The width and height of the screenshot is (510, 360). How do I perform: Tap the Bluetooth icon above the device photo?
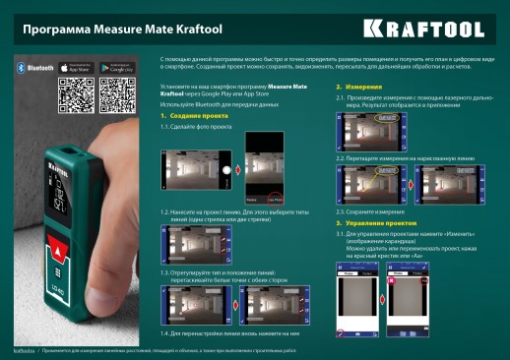coord(21,69)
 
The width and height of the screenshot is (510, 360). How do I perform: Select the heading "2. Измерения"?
coord(352,88)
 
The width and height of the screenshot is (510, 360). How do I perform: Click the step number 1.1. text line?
coord(197,127)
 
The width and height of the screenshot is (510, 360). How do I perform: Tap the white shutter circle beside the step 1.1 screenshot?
coord(228,170)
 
